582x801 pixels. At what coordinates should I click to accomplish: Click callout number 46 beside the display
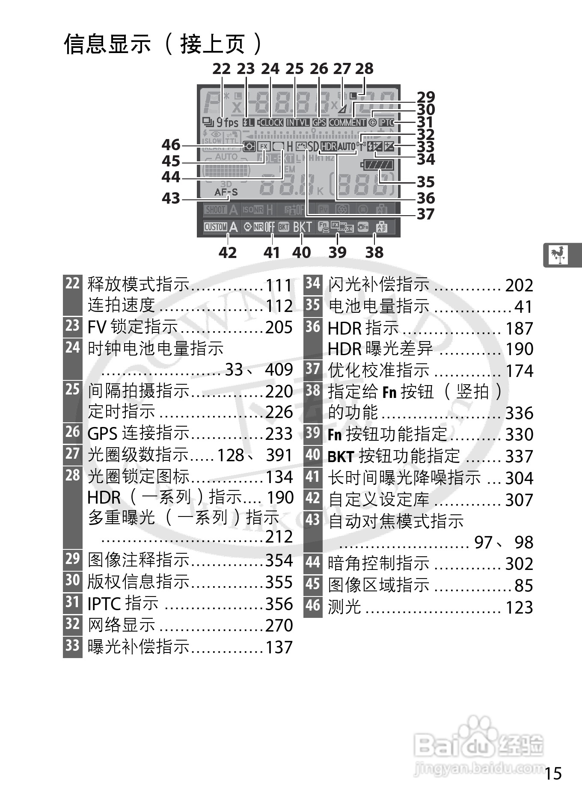pos(171,145)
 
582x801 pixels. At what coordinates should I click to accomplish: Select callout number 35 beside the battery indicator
pos(426,182)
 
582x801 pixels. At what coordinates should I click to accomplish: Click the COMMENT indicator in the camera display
pos(347,122)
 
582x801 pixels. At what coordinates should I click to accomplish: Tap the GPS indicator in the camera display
pos(319,122)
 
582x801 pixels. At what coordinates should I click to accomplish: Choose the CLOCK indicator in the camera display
pos(271,122)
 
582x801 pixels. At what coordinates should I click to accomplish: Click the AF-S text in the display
pos(226,193)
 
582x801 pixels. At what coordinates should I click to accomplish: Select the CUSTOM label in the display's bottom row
pos(215,227)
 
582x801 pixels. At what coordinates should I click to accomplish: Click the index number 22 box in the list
pos(72,283)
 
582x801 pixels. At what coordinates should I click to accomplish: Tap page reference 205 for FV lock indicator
pos(279,327)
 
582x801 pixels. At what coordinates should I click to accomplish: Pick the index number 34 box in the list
pos(313,283)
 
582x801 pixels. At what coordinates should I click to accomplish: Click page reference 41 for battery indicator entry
pos(523,307)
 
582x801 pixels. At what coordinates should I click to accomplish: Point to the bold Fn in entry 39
pos(335,435)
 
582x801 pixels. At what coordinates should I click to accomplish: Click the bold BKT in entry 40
pos(341,457)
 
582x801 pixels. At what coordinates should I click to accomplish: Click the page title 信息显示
pos(107,44)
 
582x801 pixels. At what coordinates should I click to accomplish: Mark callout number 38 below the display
pos(374,252)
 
